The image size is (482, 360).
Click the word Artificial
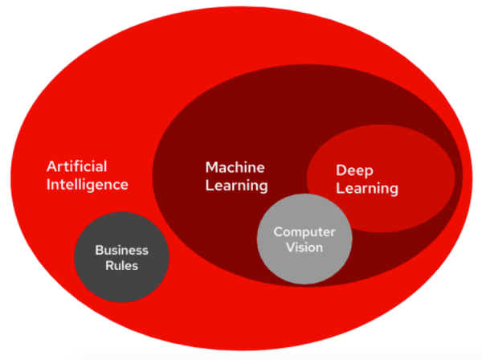tap(76, 166)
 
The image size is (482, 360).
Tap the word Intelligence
tap(87, 185)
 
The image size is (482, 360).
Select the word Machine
tap(235, 168)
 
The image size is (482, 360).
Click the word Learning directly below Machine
tap(235, 186)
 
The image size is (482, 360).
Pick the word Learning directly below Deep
tap(366, 190)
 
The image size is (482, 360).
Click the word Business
tap(121, 250)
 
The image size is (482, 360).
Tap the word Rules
tap(121, 266)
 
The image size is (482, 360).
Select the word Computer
tap(304, 231)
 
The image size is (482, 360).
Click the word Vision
tap(304, 247)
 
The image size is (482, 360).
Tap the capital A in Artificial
tap(51, 166)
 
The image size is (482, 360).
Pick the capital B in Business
tap(99, 250)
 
